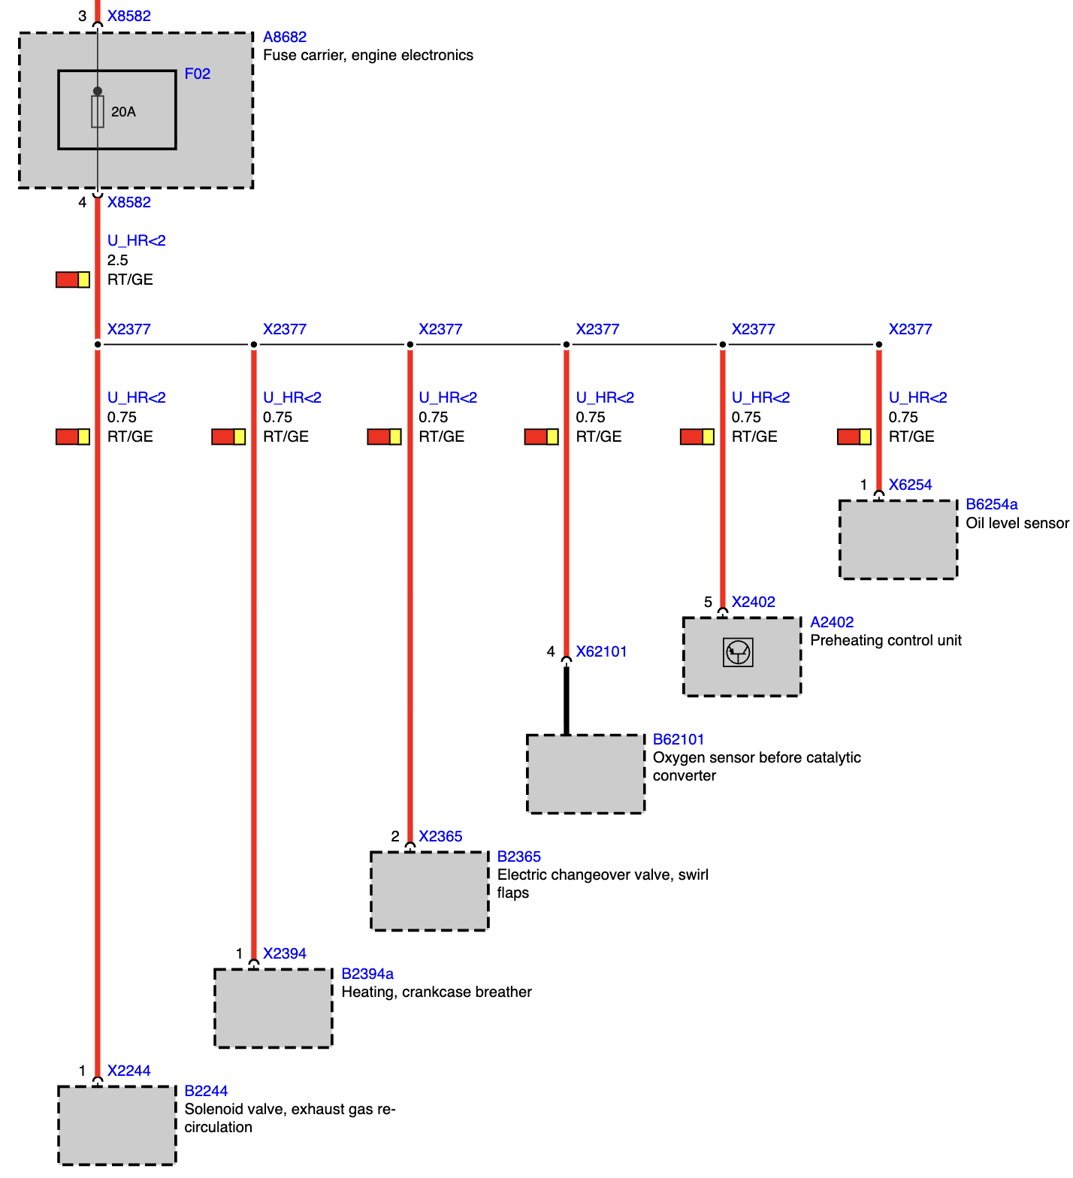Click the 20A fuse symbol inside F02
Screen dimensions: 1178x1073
pyautogui.click(x=98, y=111)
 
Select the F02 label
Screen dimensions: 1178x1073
pyautogui.click(x=197, y=74)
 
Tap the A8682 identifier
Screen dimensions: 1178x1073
pyautogui.click(x=284, y=37)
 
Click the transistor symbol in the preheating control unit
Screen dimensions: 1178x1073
pyautogui.click(x=738, y=652)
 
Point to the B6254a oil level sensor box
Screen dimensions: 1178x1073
pyautogui.click(x=898, y=539)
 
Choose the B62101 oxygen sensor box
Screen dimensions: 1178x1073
pyautogui.click(x=585, y=774)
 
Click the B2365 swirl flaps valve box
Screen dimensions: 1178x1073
pyautogui.click(x=429, y=891)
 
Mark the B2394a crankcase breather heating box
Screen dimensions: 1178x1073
pyautogui.click(x=274, y=1008)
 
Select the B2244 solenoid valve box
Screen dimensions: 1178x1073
pyautogui.click(x=117, y=1125)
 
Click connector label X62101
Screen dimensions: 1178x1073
pyautogui.click(x=601, y=651)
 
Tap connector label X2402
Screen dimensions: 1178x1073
pyautogui.click(x=753, y=602)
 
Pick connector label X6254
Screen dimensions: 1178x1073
pyautogui.click(x=910, y=485)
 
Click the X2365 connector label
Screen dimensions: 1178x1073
pyautogui.click(x=440, y=836)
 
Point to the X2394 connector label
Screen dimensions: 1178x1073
pyautogui.click(x=284, y=953)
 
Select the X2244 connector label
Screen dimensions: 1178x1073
pyautogui.click(x=128, y=1071)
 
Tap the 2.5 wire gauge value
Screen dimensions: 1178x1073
pyautogui.click(x=117, y=260)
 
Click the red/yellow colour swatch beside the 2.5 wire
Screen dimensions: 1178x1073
pyautogui.click(x=73, y=279)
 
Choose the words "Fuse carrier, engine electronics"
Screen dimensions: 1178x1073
pyautogui.click(x=367, y=55)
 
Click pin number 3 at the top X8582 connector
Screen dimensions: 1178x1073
pyautogui.click(x=83, y=16)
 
